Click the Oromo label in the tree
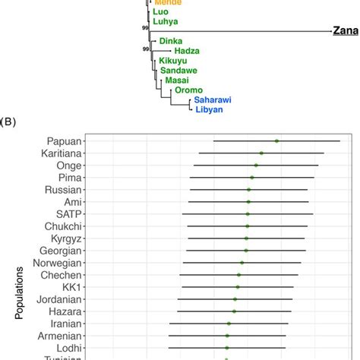(188, 89)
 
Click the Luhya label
(166, 23)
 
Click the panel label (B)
(14, 121)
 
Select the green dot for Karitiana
(261, 153)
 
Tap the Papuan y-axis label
(64, 141)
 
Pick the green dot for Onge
(256, 165)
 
